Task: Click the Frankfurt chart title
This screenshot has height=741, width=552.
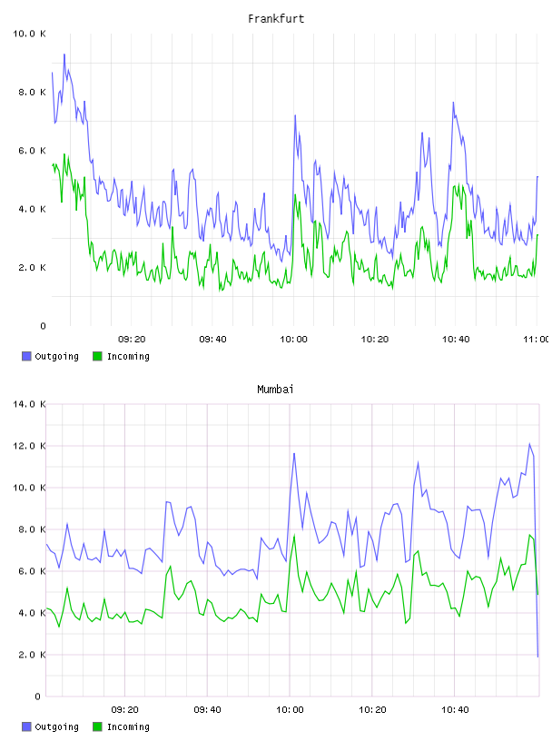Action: (x=276, y=19)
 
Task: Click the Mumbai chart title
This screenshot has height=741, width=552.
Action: (x=275, y=390)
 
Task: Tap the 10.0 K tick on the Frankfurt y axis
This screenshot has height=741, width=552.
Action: (x=29, y=34)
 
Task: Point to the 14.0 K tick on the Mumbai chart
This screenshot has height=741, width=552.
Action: (x=29, y=404)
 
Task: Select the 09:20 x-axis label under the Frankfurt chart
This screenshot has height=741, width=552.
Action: (x=132, y=340)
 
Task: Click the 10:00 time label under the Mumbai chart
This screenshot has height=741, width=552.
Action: (x=290, y=710)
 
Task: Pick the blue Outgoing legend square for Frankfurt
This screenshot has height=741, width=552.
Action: (x=26, y=356)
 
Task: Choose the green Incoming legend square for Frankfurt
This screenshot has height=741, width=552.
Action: (x=97, y=356)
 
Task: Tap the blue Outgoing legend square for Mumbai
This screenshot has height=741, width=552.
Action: (x=26, y=726)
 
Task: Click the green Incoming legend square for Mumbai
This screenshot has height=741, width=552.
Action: (x=97, y=726)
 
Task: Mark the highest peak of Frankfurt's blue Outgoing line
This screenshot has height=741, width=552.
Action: (x=64, y=54)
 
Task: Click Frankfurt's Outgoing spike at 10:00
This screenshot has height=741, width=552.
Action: (x=295, y=115)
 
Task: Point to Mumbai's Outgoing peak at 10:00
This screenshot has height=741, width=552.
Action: (x=294, y=454)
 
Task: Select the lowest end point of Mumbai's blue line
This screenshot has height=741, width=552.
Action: (x=537, y=657)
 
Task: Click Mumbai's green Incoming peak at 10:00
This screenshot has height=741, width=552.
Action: (x=294, y=536)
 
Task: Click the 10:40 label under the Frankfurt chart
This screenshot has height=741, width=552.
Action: (x=456, y=340)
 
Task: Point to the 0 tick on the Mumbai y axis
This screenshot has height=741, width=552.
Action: (x=38, y=697)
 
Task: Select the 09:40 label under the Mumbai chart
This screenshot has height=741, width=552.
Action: (x=208, y=710)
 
